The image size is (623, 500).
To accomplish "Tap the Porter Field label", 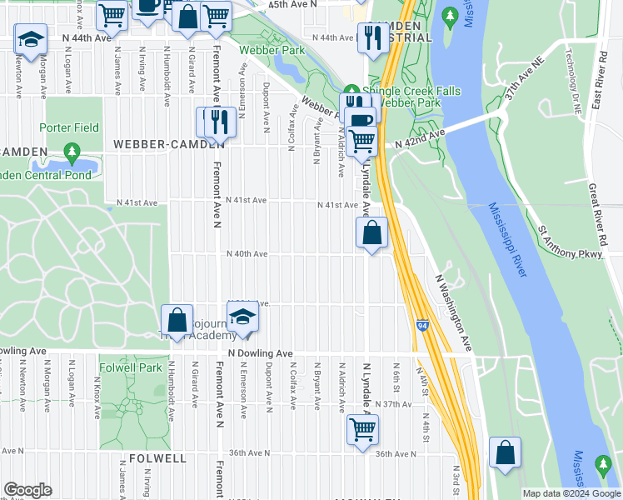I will coord(68,128).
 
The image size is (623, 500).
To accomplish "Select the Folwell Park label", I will coord(130,367).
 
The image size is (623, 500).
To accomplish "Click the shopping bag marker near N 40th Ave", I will coord(372,232).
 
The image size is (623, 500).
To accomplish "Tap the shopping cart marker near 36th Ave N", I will coord(362,431).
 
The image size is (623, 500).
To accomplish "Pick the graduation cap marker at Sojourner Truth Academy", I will coord(242,319).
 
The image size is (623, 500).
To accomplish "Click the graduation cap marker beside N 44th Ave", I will coord(31,39).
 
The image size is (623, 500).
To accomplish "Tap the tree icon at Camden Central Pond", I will coord(72,152).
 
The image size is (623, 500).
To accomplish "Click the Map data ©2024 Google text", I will coord(571,493).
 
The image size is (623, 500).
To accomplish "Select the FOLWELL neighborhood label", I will coord(157,458).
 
